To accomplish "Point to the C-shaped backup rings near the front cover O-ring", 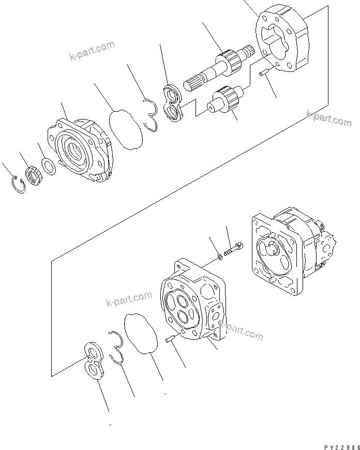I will (152, 114).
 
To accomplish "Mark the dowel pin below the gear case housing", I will (264, 76).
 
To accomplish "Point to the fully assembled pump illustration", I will (292, 247).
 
